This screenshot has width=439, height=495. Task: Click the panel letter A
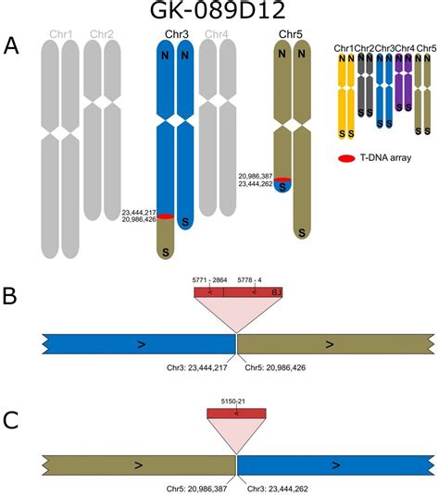coord(13,45)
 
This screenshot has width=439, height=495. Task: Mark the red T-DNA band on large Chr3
coord(165,217)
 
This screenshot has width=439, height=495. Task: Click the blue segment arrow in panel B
coord(141,344)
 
